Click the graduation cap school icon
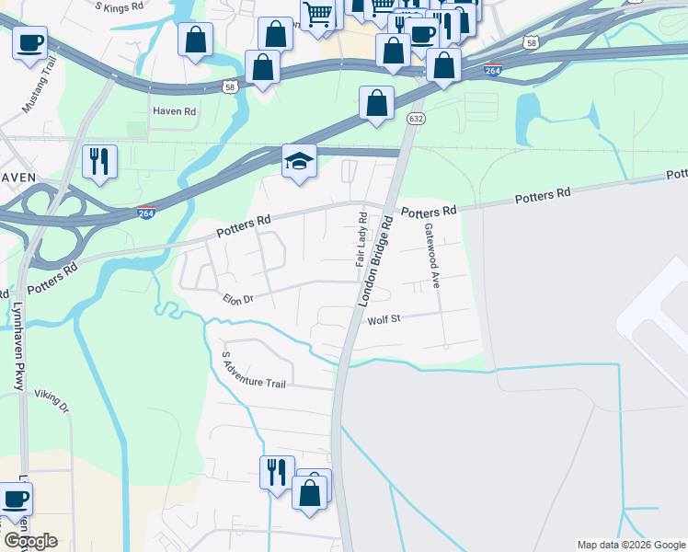click(x=299, y=161)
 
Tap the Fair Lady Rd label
click(x=361, y=239)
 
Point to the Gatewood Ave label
click(x=431, y=255)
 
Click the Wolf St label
click(x=385, y=319)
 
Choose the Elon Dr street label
click(x=237, y=298)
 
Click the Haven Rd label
click(x=175, y=111)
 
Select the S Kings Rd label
click(x=120, y=6)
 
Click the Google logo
click(x=30, y=541)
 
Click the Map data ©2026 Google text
click(x=631, y=545)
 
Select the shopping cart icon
click(x=317, y=14)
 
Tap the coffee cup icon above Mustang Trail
click(x=29, y=42)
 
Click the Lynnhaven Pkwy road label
click(x=17, y=345)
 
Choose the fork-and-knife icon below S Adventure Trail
click(x=277, y=472)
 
